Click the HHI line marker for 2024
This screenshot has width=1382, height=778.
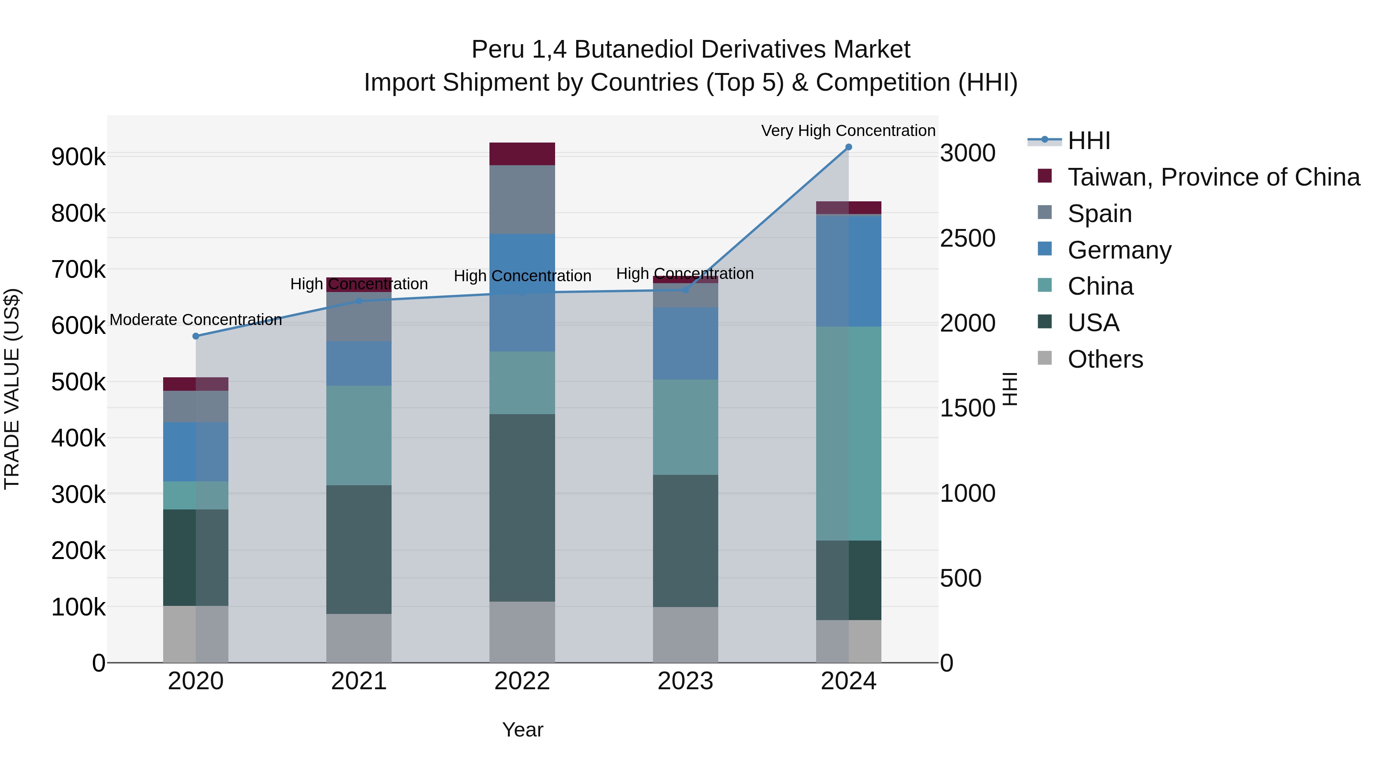(848, 147)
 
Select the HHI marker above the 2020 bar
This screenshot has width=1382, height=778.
(196, 336)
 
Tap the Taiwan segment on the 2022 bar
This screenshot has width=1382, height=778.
(522, 154)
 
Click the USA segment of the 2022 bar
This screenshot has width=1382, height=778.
(522, 508)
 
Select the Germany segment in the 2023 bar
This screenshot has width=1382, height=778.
(685, 343)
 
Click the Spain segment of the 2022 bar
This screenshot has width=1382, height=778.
(522, 200)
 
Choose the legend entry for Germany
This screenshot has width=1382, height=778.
(1119, 250)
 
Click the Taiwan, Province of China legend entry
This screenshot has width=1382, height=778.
(1213, 177)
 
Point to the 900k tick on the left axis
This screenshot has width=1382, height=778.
(78, 157)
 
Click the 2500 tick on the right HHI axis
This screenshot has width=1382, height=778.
(967, 238)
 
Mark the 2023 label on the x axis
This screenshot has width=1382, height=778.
(685, 681)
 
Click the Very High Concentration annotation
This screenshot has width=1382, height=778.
(848, 131)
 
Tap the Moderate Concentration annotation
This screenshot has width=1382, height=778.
(196, 320)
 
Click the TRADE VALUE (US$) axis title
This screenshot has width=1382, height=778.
(12, 389)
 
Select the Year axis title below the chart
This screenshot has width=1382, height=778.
(522, 730)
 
